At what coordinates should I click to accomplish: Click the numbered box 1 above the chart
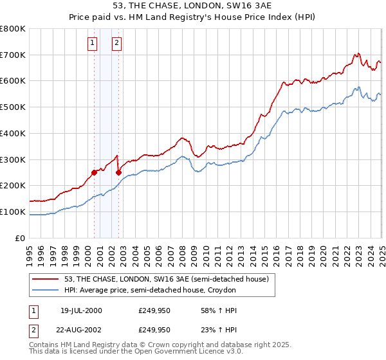[x=93, y=43]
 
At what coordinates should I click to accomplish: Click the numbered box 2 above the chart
[x=116, y=43]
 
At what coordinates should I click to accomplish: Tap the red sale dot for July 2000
[x=94, y=172]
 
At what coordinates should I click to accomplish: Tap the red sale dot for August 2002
[x=118, y=172]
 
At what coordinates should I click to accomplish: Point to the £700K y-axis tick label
[x=13, y=55]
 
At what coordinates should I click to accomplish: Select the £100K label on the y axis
[x=13, y=212]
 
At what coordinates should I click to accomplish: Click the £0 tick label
[x=19, y=238]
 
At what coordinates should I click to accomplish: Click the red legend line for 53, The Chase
[x=46, y=278]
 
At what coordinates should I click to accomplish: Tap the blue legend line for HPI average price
[x=46, y=290]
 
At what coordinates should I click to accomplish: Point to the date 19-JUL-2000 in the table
[x=80, y=310]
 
